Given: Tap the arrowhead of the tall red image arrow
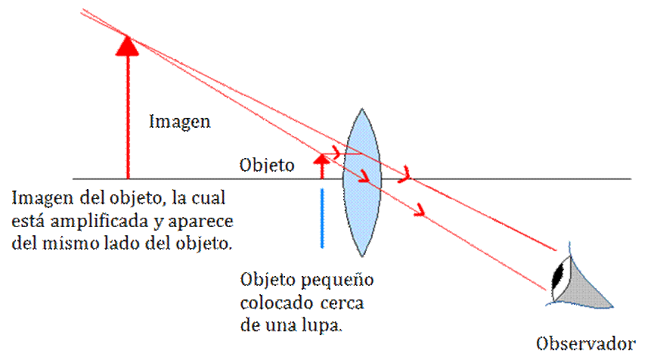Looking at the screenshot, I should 128,45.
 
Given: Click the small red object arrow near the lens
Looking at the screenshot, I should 322,163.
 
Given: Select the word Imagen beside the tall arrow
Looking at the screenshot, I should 179,121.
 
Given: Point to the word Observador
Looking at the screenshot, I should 584,343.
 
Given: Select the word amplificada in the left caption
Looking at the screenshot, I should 91,222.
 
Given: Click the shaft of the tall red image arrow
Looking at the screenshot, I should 128,113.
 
